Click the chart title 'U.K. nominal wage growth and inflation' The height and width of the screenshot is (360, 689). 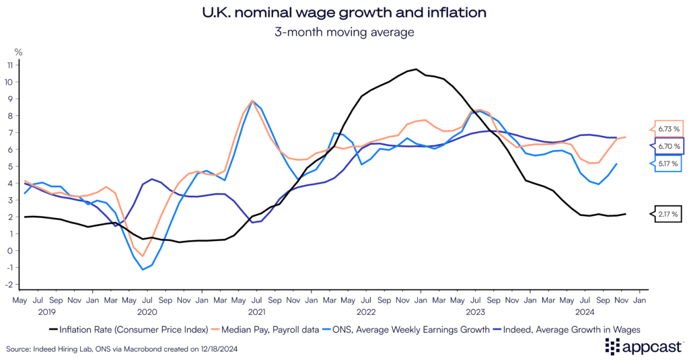pyautogui.click(x=344, y=13)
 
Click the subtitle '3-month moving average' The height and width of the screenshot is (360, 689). pyautogui.click(x=344, y=31)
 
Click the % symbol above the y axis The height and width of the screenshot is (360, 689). pyautogui.click(x=18, y=52)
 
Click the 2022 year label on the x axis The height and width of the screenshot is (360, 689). pyautogui.click(x=365, y=312)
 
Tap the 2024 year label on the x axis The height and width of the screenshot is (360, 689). pyautogui.click(x=583, y=312)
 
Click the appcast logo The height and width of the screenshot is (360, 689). pyautogui.click(x=643, y=347)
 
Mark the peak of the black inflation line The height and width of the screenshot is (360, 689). pyautogui.click(x=416, y=69)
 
